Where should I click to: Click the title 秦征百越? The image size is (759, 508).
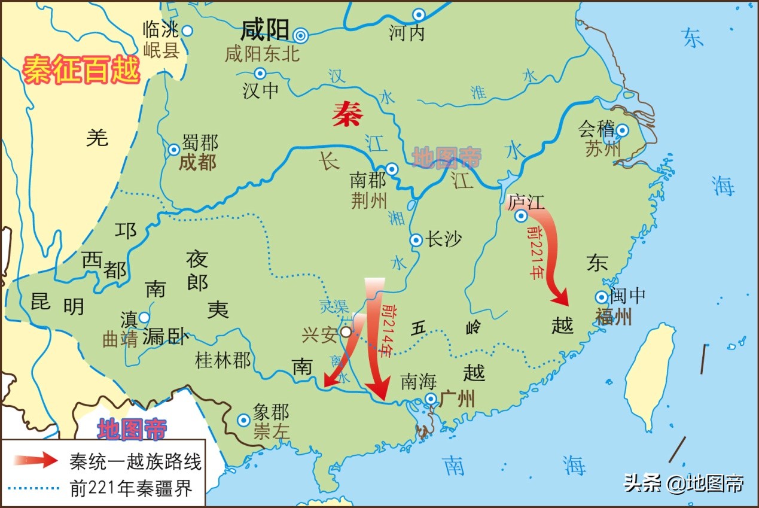(81, 69)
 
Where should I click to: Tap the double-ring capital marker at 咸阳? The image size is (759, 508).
(301, 36)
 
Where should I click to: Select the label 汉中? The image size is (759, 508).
(261, 91)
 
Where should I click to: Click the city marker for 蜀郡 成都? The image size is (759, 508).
(173, 150)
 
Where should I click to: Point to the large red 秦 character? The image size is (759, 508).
(347, 112)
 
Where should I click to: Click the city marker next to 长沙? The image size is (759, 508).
(416, 241)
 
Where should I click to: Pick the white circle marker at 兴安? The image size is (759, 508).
(346, 331)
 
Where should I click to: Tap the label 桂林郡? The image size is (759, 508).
(223, 360)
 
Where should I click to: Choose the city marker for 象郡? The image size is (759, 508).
(243, 420)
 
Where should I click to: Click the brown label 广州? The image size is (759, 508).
(456, 399)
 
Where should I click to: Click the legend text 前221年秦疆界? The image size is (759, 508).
(131, 488)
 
